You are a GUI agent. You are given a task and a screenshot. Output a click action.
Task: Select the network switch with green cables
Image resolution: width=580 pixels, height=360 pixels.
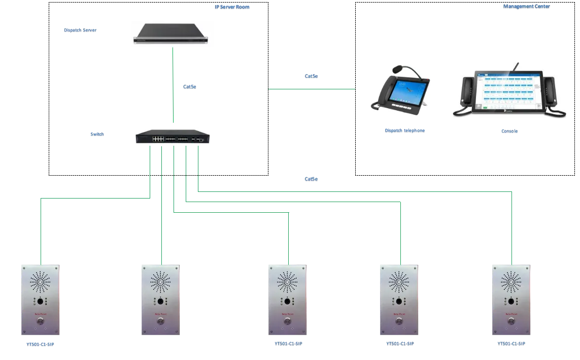[173, 137]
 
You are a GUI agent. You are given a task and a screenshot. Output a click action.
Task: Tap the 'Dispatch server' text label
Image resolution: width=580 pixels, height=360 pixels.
[80, 30]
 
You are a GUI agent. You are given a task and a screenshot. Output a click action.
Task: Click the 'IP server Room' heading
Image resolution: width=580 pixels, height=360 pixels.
[231, 8]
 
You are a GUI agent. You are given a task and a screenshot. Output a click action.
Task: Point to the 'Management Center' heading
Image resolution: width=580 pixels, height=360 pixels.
[526, 7]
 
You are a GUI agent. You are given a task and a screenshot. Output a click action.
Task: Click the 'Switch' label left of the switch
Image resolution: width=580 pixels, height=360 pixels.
[97, 135]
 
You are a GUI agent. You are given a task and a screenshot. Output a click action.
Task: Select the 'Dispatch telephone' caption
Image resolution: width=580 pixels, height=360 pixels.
[404, 130]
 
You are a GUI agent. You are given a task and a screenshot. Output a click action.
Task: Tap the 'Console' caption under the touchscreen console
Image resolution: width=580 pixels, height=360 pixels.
[509, 132]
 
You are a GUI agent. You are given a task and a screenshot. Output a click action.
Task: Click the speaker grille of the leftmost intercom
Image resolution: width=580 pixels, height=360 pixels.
[41, 281]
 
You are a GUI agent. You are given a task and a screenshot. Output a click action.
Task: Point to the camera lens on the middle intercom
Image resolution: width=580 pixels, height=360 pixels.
[287, 302]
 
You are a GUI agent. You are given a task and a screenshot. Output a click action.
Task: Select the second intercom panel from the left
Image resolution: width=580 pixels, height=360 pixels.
[160, 300]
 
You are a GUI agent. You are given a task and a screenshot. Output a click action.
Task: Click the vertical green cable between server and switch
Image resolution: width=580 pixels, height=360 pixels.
[173, 86]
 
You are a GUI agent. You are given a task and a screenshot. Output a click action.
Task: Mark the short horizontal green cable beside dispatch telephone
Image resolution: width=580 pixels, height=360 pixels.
[312, 88]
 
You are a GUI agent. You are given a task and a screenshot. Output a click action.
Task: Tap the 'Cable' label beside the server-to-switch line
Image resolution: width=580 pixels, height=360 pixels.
[190, 87]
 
